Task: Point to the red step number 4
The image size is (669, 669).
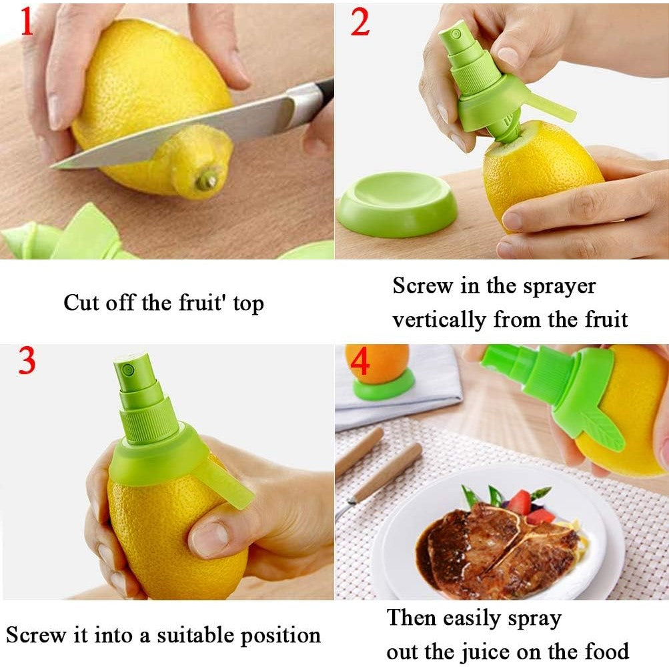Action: pyautogui.click(x=360, y=364)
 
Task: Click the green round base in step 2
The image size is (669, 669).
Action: pyautogui.click(x=398, y=203)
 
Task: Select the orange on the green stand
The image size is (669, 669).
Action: pyautogui.click(x=377, y=364)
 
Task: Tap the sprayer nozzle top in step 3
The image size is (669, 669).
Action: pyautogui.click(x=129, y=364)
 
